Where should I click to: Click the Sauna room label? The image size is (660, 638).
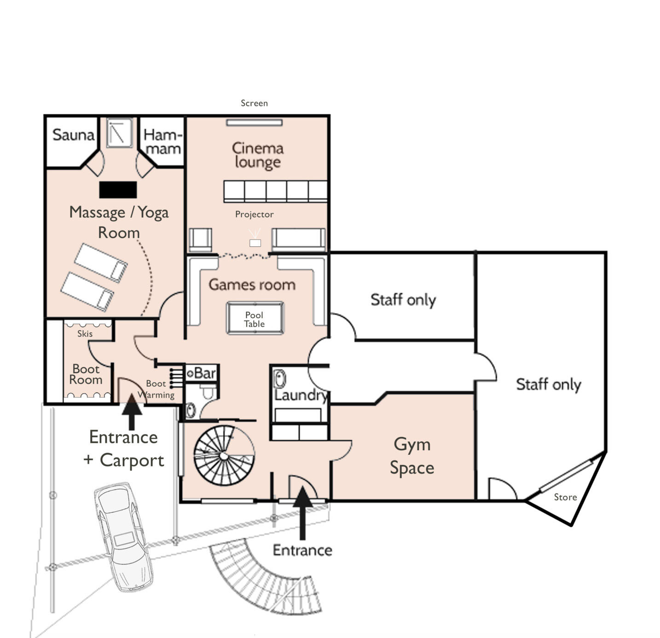click(73, 135)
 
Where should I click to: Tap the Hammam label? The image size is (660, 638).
click(162, 142)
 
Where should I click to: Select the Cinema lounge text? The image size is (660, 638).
click(258, 155)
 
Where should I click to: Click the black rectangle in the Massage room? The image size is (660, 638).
click(118, 189)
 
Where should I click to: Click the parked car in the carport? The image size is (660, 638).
click(124, 537)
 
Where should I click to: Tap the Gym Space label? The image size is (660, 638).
click(412, 456)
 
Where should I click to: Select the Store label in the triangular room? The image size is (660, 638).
click(565, 497)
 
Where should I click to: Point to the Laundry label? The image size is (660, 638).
click(301, 395)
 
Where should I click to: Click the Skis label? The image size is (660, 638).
click(85, 333)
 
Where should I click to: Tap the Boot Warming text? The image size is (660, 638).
click(156, 389)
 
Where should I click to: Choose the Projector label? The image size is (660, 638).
click(255, 215)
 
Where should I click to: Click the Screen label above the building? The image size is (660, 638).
click(255, 103)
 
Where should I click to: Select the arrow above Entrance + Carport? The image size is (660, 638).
click(132, 412)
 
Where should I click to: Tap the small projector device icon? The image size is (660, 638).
click(255, 243)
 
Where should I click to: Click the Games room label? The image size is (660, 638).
click(252, 284)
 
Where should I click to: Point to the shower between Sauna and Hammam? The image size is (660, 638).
click(119, 133)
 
